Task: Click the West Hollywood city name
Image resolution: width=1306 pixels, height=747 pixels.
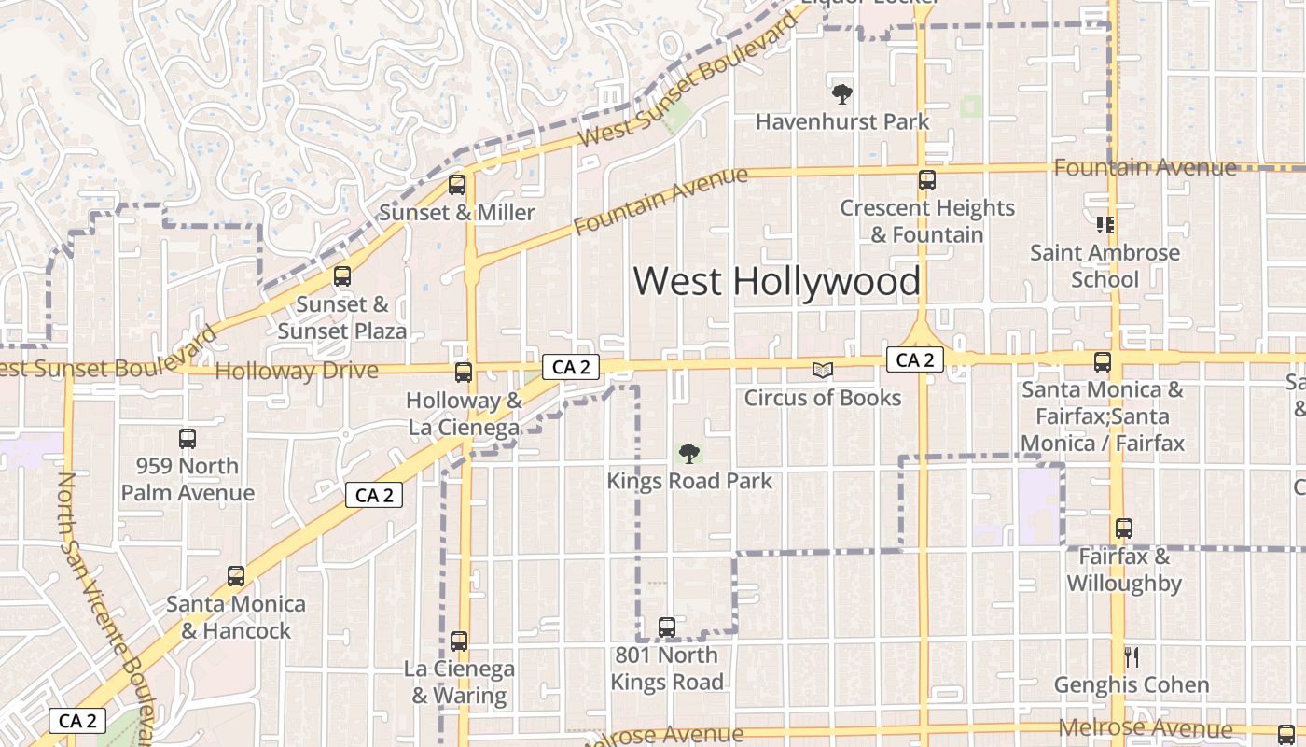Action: [777, 281]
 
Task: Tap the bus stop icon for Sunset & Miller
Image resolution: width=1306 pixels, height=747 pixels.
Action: [457, 184]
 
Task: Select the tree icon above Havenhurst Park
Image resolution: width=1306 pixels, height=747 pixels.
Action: [841, 93]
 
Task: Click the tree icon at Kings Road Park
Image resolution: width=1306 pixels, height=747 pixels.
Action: [689, 454]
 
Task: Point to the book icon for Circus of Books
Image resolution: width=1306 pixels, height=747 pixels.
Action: [822, 371]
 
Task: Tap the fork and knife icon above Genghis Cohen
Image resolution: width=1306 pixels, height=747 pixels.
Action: [1131, 657]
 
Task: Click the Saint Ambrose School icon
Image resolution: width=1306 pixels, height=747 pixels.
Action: [1105, 225]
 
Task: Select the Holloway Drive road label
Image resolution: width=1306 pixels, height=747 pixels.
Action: [297, 371]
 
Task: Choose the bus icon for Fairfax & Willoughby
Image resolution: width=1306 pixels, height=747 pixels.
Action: [1124, 529]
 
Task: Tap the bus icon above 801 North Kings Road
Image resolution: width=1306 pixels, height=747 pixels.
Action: [667, 627]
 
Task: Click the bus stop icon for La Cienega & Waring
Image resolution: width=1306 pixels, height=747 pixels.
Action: [458, 641]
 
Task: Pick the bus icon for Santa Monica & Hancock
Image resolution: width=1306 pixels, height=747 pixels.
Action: [236, 576]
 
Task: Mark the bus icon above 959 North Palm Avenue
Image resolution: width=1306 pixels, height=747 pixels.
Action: [188, 438]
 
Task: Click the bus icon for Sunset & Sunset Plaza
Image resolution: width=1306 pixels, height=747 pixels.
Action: [342, 276]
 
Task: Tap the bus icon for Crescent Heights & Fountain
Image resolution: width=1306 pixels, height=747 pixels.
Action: [926, 179]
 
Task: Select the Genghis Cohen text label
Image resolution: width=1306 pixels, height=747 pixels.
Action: [1131, 684]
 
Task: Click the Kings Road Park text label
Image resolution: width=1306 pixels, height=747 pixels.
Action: [689, 481]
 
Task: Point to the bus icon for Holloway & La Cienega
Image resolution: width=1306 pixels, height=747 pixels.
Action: [464, 373]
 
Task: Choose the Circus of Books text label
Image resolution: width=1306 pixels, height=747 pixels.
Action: [822, 398]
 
